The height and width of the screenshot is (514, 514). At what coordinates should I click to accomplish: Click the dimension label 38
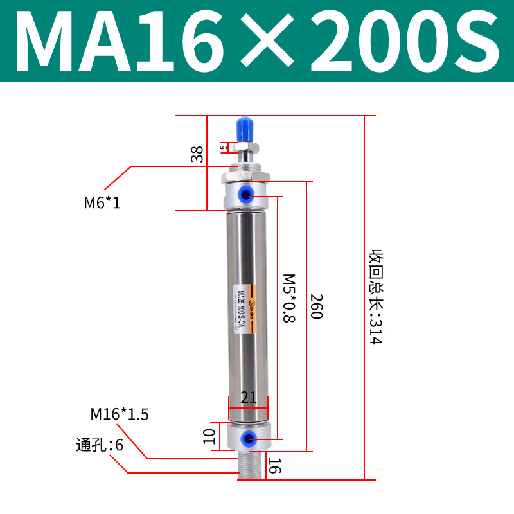tap(197, 154)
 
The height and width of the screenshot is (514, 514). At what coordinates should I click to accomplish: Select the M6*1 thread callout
tap(102, 204)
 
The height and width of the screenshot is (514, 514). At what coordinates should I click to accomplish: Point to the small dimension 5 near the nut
tap(224, 147)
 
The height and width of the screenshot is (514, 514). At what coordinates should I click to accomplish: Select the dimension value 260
tap(316, 307)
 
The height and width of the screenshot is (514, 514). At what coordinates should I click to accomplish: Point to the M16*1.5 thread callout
tap(120, 414)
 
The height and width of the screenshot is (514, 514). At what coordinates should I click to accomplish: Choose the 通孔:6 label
tap(99, 445)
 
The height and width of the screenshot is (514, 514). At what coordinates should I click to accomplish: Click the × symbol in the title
tap(268, 41)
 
